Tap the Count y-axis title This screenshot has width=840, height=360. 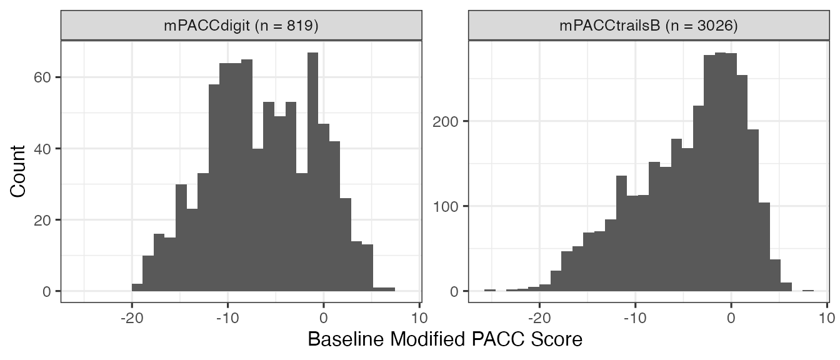coord(18,171)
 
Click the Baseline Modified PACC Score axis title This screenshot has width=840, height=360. coord(445,339)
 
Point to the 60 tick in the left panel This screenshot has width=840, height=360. coord(47,77)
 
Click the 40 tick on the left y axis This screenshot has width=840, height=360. coord(47,149)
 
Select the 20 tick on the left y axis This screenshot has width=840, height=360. coord(47,220)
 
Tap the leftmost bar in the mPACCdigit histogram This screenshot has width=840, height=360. coord(137,287)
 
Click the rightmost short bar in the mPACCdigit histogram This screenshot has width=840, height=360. coord(384,289)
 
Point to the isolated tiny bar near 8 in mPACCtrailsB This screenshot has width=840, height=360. coord(808,291)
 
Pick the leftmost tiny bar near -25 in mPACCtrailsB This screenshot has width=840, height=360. coord(489,291)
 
